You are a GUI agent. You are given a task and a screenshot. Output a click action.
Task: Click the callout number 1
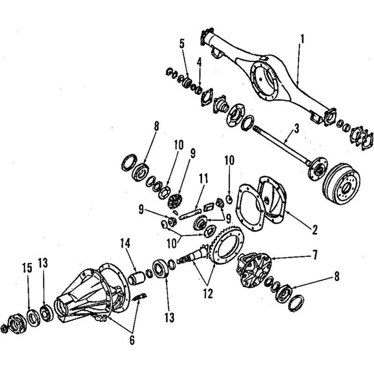[302, 39]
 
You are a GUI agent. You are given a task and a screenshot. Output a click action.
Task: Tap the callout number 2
[315, 230]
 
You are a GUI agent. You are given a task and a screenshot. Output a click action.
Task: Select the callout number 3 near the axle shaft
[296, 129]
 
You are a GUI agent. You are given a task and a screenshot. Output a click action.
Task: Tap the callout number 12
[208, 294]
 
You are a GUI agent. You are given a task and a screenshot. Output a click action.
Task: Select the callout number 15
[27, 268]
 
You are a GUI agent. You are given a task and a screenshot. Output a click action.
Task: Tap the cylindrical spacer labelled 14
[137, 277]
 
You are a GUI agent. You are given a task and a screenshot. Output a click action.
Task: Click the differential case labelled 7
[253, 271]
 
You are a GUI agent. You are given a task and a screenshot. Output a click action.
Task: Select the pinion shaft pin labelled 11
[190, 214]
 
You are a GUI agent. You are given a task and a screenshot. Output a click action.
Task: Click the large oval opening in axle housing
[265, 80]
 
